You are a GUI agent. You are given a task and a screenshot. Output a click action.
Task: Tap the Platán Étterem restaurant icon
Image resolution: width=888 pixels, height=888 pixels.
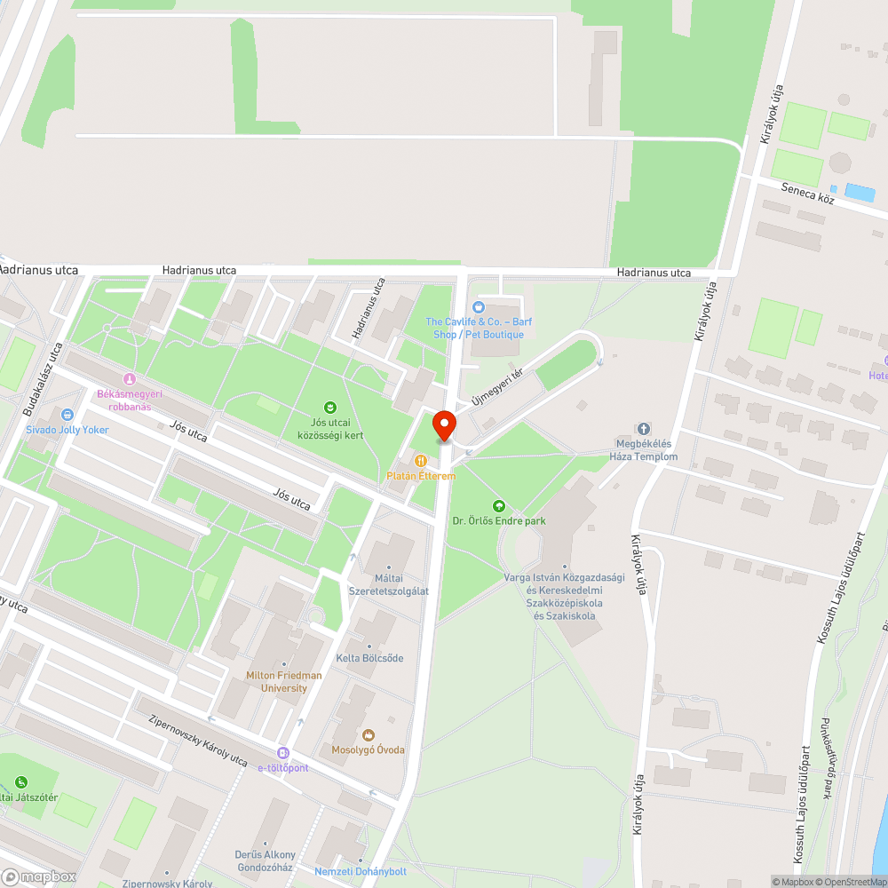[420, 461]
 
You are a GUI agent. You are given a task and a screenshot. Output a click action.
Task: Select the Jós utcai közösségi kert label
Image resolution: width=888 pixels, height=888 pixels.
[331, 429]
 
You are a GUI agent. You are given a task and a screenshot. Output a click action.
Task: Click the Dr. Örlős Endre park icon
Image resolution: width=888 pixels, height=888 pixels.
[497, 505]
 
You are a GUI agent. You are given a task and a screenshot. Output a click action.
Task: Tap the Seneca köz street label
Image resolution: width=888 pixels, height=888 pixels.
[807, 194]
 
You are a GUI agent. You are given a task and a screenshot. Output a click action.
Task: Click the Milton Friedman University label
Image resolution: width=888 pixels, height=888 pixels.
[284, 681]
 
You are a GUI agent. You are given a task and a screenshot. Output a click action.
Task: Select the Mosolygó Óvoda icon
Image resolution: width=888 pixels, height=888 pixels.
[368, 734]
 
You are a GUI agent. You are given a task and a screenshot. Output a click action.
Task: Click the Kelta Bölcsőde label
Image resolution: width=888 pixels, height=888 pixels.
[369, 658]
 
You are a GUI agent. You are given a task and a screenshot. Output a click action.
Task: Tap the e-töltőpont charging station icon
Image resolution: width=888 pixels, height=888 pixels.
[283, 752]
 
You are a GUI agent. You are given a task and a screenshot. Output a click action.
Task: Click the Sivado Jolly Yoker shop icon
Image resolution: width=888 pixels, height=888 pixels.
[67, 414]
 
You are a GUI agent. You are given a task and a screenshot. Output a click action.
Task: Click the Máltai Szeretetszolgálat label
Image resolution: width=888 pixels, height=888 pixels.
[389, 584]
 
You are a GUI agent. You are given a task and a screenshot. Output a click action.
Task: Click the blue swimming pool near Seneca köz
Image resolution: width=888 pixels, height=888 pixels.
[859, 191]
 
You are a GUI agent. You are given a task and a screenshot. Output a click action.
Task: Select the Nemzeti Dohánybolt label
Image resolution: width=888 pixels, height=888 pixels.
[360, 871]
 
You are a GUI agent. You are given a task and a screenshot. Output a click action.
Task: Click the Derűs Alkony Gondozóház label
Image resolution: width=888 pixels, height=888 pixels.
[266, 860]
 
